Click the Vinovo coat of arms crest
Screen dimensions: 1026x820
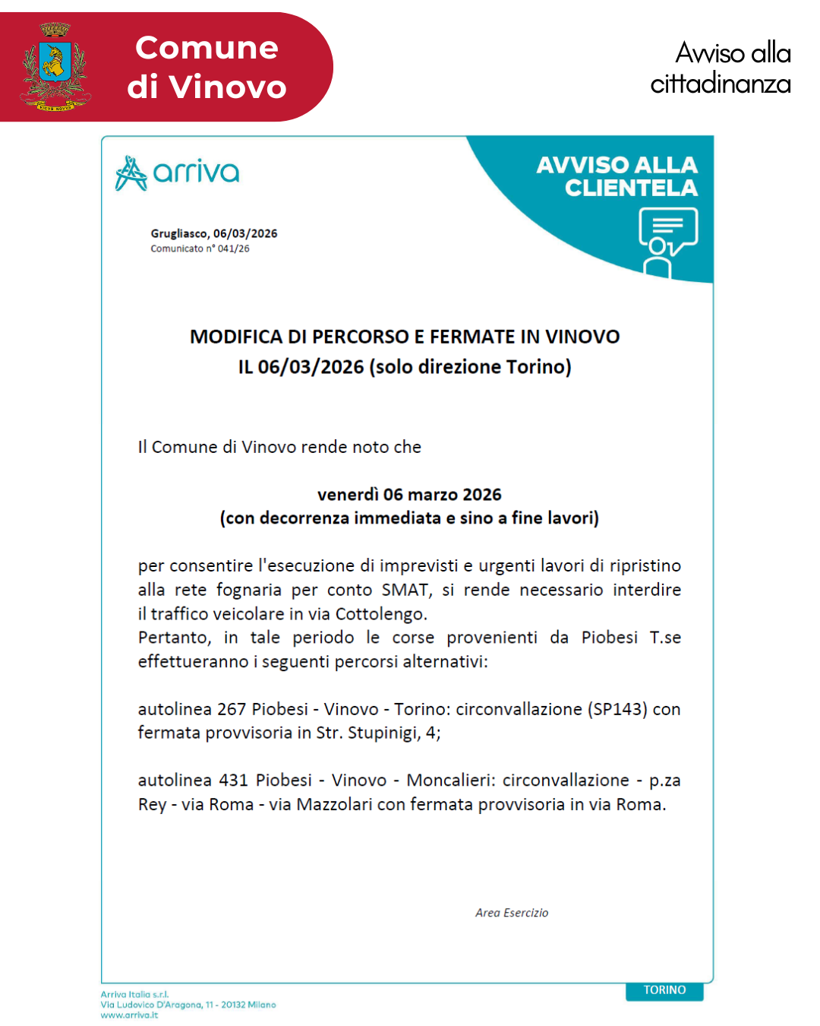55,67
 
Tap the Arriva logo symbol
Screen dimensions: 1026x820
131,173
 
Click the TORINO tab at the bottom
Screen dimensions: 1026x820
664,990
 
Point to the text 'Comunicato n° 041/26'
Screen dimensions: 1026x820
200,249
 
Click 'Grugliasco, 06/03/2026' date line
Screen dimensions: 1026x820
213,233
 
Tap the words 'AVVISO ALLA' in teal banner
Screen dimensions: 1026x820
617,165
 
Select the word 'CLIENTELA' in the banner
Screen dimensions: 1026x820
631,188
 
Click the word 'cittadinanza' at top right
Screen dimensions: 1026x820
720,84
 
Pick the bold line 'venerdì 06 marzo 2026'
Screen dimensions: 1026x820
409,495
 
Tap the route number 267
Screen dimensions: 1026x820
232,709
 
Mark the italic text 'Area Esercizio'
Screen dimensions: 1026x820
512,913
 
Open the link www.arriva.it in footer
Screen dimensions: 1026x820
129,1015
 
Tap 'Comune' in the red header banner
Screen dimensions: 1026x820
207,48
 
